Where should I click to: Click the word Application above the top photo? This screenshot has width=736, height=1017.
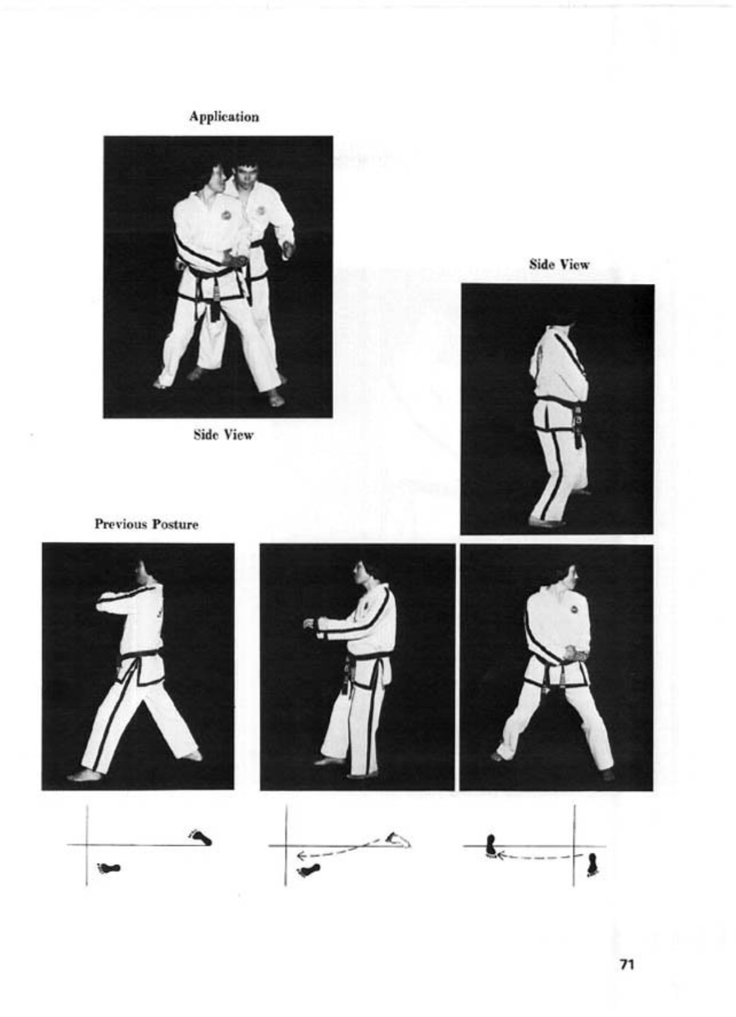coord(224,117)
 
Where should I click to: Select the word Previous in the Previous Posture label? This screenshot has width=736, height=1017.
coord(121,525)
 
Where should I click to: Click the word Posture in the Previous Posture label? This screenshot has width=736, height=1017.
coord(176,525)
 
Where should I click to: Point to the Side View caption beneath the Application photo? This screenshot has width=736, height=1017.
coord(223,435)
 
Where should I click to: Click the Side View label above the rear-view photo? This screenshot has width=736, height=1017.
coord(560,265)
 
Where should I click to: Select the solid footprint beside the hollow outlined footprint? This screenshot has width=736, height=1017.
coord(308,870)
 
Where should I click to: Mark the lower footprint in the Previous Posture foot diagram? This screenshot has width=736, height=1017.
coord(109,869)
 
